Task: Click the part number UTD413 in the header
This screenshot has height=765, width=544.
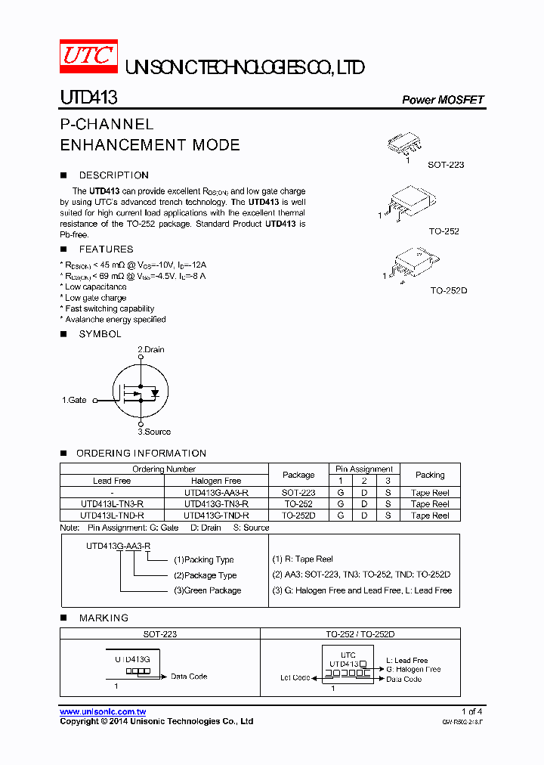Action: [x=88, y=98]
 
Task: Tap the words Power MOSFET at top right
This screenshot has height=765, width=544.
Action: [x=442, y=100]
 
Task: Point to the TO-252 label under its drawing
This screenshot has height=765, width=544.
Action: [x=444, y=231]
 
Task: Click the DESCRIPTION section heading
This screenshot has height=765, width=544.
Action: [x=113, y=175]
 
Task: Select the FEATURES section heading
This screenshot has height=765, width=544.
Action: [x=106, y=249]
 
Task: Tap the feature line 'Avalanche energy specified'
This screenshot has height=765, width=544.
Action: [x=114, y=320]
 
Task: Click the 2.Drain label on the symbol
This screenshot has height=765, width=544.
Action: [x=150, y=349]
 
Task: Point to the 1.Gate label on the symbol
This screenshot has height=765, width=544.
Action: [x=74, y=400]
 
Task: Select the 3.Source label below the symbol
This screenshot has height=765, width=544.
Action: [x=153, y=432]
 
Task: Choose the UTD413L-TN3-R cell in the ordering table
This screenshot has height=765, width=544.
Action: [x=112, y=503]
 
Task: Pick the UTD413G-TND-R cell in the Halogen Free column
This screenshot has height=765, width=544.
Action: [x=216, y=516]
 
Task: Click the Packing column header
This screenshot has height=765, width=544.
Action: [x=430, y=475]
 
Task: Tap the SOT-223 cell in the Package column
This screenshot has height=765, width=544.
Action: [x=298, y=492]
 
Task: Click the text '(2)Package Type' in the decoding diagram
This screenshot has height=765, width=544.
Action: [x=205, y=575]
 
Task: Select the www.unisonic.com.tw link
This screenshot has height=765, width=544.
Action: [x=103, y=711]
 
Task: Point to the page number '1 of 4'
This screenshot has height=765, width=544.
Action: [x=471, y=711]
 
